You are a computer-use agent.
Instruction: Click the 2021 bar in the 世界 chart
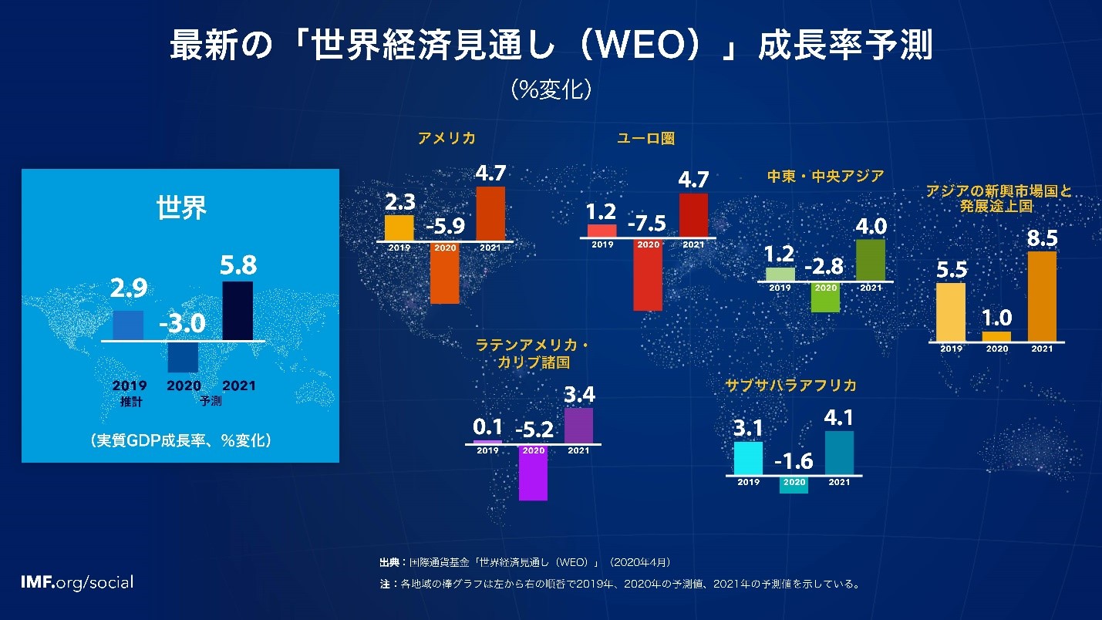click(237, 310)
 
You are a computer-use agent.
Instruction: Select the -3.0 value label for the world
click(182, 324)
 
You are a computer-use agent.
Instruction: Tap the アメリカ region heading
click(446, 139)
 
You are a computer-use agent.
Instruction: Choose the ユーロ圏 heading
click(645, 139)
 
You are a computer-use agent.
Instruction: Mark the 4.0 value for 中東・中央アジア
click(871, 227)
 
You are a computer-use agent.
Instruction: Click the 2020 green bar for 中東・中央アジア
click(825, 297)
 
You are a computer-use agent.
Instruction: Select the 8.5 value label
click(1042, 239)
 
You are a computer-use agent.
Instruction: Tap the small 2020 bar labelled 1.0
click(996, 336)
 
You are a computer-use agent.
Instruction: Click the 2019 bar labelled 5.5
click(950, 312)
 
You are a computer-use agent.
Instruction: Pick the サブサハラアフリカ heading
click(790, 386)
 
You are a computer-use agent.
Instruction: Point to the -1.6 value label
click(794, 461)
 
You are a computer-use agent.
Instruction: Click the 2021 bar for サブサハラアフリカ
click(839, 453)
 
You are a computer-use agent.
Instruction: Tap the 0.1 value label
click(487, 426)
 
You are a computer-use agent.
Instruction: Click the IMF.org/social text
click(77, 582)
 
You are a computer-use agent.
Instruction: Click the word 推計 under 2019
click(130, 401)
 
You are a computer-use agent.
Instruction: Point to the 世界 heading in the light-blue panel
click(181, 208)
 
